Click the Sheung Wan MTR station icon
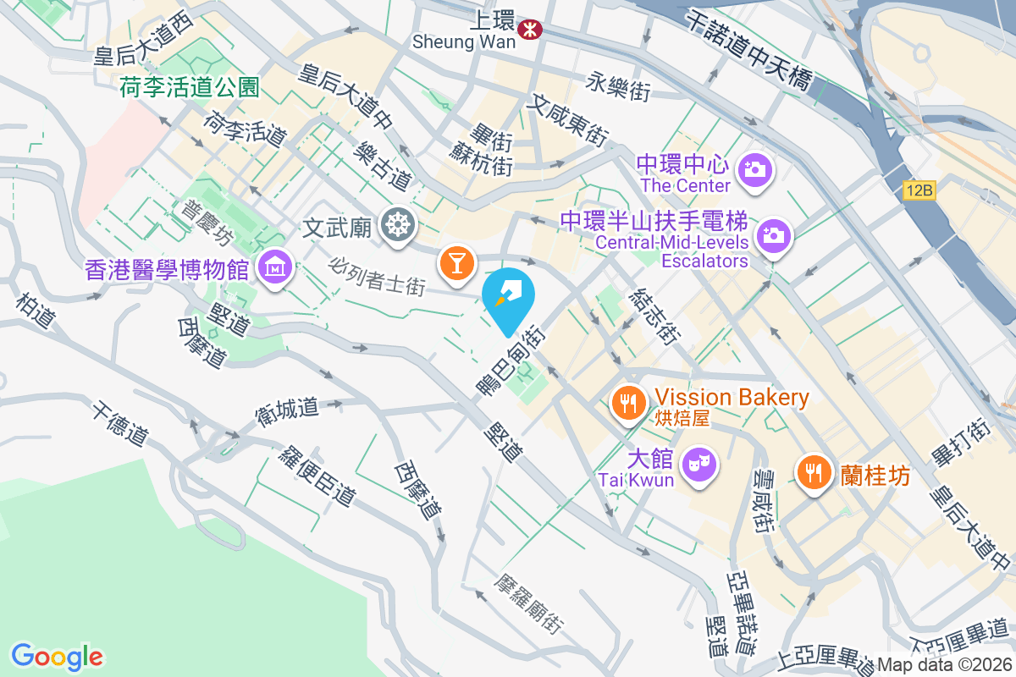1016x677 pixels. tap(533, 30)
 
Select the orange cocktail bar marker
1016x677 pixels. tap(456, 262)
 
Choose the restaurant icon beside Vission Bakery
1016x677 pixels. tap(627, 402)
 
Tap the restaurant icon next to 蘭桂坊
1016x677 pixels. tap(814, 471)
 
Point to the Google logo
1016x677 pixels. tap(58, 656)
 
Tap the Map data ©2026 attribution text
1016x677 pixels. tap(944, 665)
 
